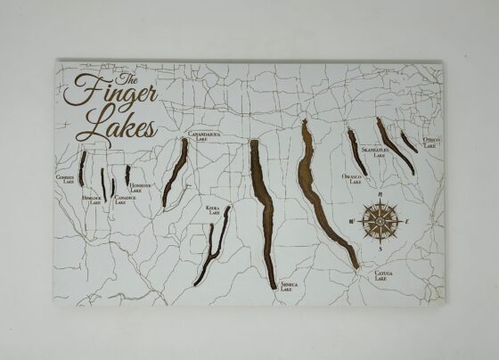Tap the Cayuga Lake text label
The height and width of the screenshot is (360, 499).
point(383,277)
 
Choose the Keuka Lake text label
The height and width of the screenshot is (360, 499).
point(214,209)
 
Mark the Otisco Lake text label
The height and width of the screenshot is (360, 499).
point(431,143)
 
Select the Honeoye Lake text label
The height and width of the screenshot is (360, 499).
point(142,187)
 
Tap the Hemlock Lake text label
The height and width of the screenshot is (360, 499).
point(92,200)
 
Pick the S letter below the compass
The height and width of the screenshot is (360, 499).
point(382,250)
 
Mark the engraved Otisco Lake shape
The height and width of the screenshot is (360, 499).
point(408,141)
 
